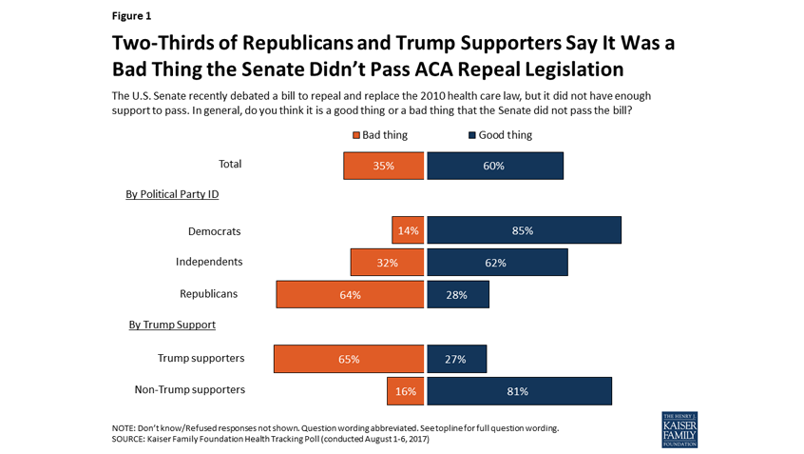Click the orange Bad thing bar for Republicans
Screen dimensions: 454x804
coord(350,294)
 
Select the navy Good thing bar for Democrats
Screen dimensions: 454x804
coord(524,230)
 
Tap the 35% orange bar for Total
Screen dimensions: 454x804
coord(384,166)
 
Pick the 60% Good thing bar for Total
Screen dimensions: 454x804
coord(495,166)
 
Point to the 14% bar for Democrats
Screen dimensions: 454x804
coord(408,230)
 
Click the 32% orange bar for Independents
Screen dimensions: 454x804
coord(387,263)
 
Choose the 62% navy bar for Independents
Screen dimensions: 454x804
coord(497,263)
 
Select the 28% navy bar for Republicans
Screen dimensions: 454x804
coord(458,294)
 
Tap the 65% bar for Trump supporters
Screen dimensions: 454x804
coord(349,359)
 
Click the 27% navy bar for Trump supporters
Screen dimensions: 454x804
coord(457,359)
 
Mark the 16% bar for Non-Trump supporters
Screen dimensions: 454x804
coord(405,390)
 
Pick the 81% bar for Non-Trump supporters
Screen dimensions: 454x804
coord(519,390)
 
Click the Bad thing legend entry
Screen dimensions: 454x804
coord(380,135)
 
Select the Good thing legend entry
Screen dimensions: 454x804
coord(500,135)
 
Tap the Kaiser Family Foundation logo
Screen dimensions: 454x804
coord(679,430)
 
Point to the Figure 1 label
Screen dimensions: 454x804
coord(131,15)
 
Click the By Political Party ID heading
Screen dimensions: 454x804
coord(173,194)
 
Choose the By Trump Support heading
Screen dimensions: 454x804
coord(172,325)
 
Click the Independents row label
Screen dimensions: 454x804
coord(209,262)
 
